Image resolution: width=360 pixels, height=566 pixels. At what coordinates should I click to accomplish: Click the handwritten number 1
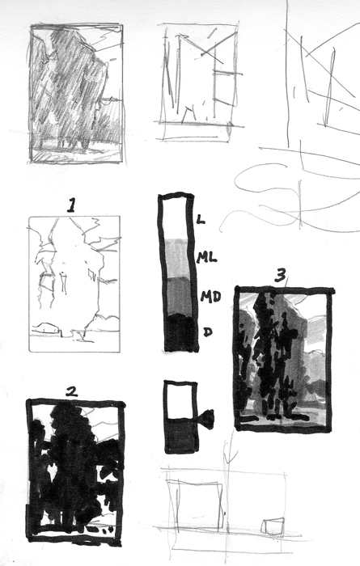click(x=71, y=205)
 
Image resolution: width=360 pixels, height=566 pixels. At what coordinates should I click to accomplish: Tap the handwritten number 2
click(x=71, y=391)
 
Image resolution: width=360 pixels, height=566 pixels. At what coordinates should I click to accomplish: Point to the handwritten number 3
click(x=280, y=277)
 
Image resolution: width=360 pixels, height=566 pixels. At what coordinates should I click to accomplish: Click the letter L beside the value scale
click(x=201, y=218)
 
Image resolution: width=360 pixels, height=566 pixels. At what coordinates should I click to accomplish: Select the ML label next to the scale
click(x=205, y=256)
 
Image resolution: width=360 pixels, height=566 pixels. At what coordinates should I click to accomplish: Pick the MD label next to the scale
click(x=209, y=297)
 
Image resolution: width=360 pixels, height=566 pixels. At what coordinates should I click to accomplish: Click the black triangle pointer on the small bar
click(x=206, y=419)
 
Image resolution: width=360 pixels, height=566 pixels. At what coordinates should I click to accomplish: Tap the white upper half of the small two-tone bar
click(x=180, y=399)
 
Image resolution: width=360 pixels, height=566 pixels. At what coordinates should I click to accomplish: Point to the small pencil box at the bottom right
click(x=274, y=526)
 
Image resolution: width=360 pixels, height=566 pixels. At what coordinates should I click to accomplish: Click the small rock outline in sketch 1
click(x=46, y=328)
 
